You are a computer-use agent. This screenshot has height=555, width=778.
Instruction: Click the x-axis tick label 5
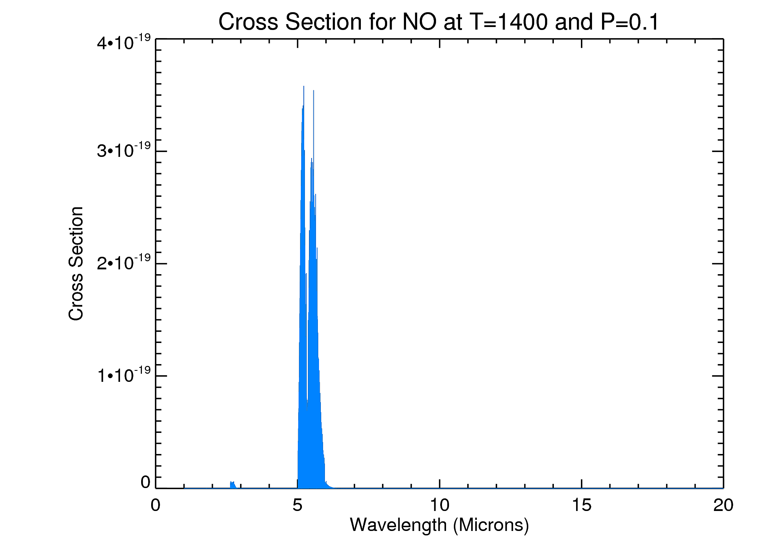297,505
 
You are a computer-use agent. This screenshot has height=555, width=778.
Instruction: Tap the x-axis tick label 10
439,505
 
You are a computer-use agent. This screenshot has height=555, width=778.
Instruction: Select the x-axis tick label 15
581,505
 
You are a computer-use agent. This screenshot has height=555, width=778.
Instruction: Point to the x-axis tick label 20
723,505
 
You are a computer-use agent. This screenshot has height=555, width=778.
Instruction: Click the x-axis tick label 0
156,505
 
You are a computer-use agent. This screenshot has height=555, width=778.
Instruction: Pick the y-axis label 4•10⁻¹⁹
124,43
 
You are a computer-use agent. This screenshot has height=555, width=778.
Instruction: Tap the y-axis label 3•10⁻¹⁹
124,151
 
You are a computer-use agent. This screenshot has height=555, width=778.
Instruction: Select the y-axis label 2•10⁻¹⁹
124,263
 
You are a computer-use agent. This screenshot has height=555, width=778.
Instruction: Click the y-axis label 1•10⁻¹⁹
124,375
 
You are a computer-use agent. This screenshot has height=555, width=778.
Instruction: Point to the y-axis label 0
146,482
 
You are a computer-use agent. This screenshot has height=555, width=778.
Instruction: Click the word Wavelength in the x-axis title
398,525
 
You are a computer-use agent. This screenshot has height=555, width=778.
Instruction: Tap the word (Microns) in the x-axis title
491,525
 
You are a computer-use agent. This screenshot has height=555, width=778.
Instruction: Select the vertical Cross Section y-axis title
76,263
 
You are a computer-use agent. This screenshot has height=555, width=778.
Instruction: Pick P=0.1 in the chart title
630,22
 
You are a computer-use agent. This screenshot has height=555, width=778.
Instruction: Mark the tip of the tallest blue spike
304,87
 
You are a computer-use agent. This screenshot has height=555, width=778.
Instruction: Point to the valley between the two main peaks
307,409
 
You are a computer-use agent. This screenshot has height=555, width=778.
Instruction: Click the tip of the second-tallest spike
313,91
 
